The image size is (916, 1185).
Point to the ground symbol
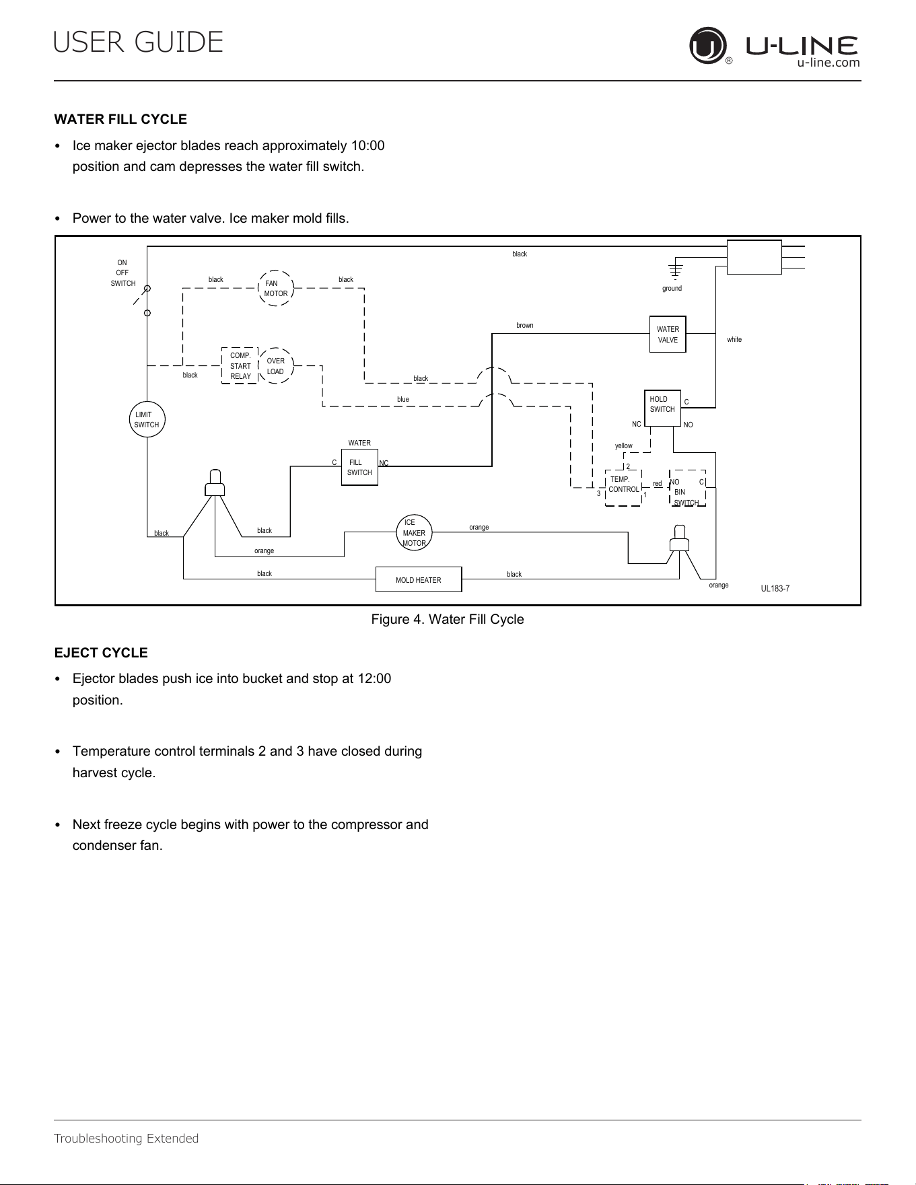click(675, 271)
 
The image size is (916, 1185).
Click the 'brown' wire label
click(525, 326)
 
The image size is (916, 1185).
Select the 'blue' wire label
click(403, 400)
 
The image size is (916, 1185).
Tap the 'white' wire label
click(734, 340)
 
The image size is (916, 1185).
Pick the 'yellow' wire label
click(624, 446)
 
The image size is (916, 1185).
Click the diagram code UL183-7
click(775, 589)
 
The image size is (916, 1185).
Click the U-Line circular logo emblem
click(708, 46)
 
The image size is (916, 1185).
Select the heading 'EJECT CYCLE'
click(101, 653)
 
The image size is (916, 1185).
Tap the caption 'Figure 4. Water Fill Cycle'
click(448, 619)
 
